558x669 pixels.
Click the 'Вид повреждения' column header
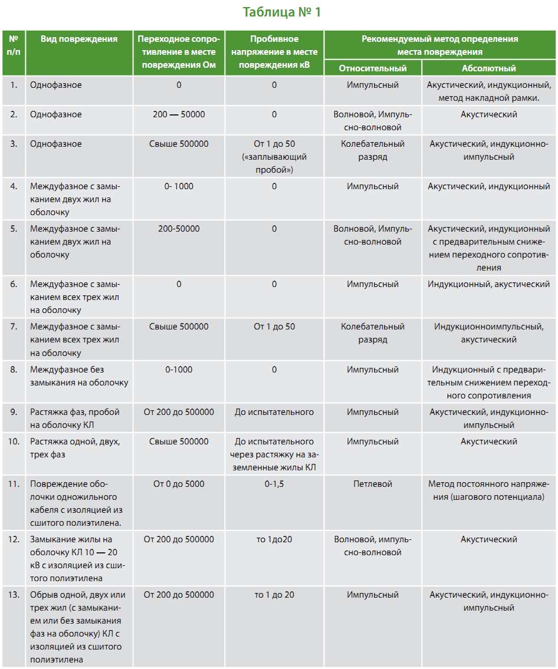point(79,39)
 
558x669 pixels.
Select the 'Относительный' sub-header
point(372,68)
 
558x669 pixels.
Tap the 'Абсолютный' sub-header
point(489,68)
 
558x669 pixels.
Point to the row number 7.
point(14,327)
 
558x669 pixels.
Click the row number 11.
point(14,484)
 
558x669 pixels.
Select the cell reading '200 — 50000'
point(179,114)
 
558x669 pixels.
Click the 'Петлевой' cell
point(372,484)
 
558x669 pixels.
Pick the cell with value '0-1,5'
point(274,484)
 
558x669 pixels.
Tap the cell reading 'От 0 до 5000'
point(179,484)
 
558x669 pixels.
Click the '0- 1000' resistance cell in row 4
point(179,186)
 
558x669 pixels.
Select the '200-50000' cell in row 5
point(179,229)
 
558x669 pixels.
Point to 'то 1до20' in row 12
point(274,539)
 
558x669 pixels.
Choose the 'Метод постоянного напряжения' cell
point(489,490)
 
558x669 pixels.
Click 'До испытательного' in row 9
point(274,412)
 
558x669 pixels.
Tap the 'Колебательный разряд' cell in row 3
point(372,150)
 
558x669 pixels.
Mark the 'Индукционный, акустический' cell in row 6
point(489,284)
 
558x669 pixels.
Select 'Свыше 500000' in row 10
point(179,441)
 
